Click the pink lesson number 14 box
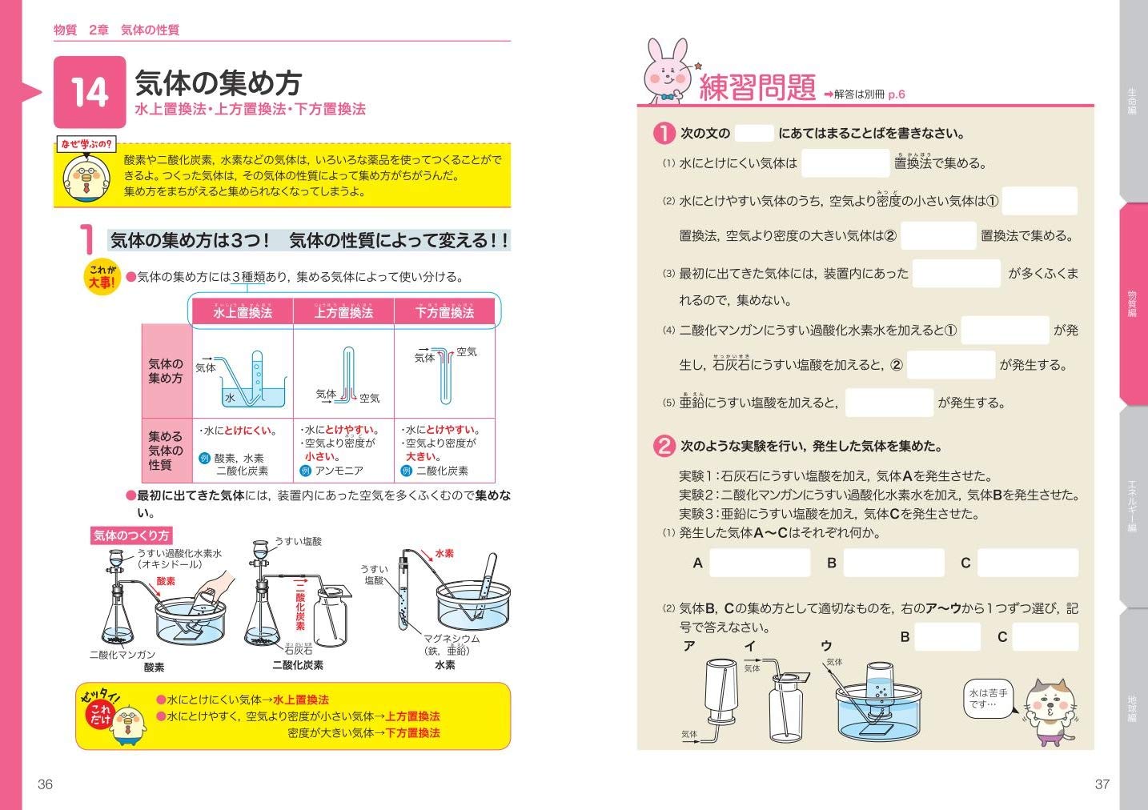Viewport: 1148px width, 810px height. (90, 92)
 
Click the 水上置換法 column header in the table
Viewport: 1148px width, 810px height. (243, 311)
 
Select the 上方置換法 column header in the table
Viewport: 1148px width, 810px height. (343, 311)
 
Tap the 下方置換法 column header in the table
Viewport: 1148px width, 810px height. (444, 311)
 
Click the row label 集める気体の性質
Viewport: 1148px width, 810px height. (166, 451)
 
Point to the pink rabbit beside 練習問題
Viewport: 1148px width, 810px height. (668, 72)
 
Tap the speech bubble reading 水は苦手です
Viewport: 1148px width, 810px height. (988, 698)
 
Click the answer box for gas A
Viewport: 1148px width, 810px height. (760, 563)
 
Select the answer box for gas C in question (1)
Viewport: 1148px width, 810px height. (1028, 563)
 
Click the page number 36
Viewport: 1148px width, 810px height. (46, 784)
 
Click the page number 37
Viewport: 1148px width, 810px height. (1102, 784)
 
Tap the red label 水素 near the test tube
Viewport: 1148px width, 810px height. (444, 553)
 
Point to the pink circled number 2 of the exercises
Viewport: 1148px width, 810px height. (664, 446)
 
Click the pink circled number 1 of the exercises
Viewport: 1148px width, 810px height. (664, 133)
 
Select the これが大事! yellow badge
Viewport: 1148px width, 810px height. (102, 277)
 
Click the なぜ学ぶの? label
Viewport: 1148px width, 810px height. (86, 144)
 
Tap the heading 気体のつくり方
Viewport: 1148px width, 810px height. (131, 535)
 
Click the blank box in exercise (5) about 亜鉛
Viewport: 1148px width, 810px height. (889, 403)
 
